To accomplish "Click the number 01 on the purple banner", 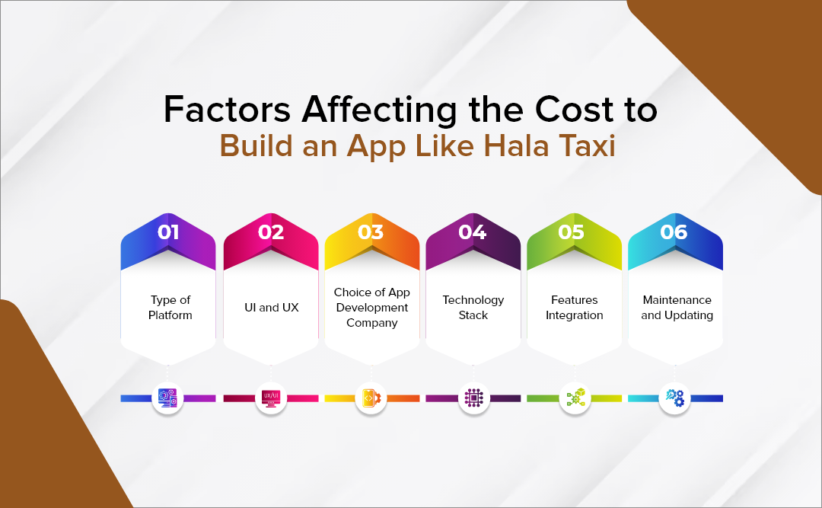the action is [168, 232].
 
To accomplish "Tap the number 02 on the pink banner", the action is [271, 232].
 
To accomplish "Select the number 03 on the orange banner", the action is [371, 232].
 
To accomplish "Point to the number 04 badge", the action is [473, 232].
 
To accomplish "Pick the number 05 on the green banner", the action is [571, 232].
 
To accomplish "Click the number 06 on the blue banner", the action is [674, 232].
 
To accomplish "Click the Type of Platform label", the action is [170, 308].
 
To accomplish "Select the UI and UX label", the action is [272, 308].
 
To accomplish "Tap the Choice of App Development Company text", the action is [372, 308].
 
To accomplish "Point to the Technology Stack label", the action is [473, 308].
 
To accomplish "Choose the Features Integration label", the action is [575, 308].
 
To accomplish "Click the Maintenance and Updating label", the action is [677, 308].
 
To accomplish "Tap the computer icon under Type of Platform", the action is [167, 398].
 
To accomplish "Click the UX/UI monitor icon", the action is [271, 398].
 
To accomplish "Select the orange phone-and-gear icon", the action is [371, 398].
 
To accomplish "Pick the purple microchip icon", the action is [473, 398].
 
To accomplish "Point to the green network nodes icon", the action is [575, 398].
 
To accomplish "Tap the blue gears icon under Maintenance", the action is [674, 398].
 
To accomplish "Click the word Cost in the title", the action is [574, 110].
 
